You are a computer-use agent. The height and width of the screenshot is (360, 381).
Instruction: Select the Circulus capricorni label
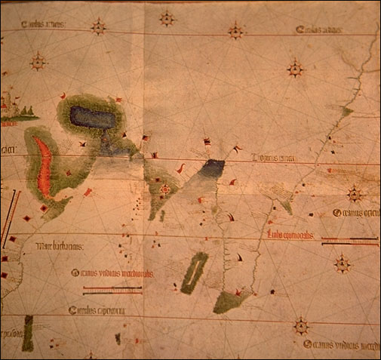click(96, 310)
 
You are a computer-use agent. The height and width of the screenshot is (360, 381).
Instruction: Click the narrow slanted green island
click(195, 272)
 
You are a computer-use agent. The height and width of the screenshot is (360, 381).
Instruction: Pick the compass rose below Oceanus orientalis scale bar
click(343, 263)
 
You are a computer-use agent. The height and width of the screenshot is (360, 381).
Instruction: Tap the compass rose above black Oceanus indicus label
click(302, 327)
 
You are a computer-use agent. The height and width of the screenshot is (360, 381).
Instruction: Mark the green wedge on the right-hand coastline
click(346, 112)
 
